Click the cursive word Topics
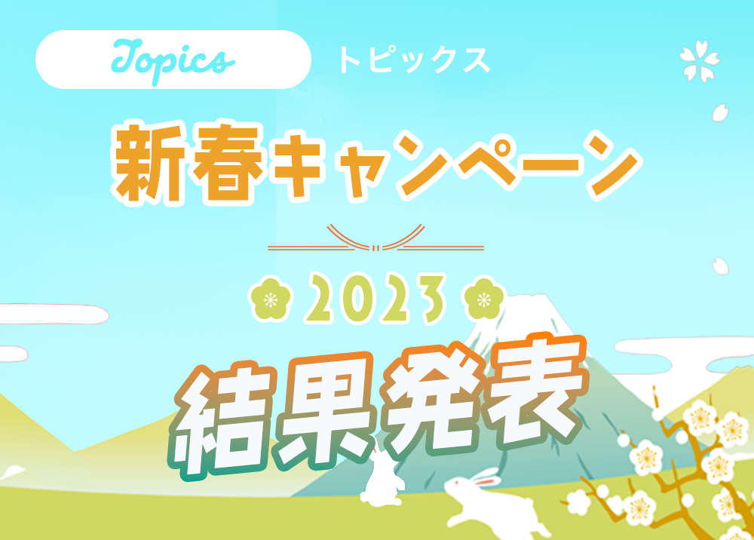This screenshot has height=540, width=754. pos(173,60)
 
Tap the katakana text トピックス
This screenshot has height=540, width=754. pos(414,60)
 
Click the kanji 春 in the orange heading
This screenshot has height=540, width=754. pos(227,164)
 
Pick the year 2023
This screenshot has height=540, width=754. pos(375,299)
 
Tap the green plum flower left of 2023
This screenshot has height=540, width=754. pos(271,299)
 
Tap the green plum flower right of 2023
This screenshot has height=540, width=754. pos(484,299)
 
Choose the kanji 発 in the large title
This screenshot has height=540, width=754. pos(433,398)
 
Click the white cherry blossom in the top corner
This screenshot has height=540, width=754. pos(700,60)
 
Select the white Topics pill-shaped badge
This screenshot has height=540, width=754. pos(173,60)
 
